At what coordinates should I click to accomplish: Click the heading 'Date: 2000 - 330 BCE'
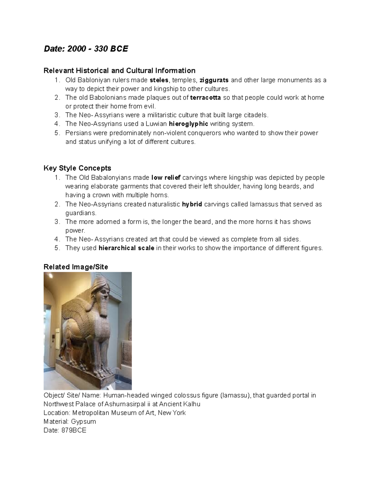86,49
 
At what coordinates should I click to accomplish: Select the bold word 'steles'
159,80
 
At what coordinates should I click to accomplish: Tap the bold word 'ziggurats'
214,80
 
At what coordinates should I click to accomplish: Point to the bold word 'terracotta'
206,98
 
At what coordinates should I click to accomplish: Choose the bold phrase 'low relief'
166,178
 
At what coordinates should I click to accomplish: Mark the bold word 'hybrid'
192,204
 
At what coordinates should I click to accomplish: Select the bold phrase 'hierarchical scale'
126,248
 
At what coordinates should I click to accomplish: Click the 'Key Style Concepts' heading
77,168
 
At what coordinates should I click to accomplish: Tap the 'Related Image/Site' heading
76,267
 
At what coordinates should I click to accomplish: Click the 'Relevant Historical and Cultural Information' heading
119,71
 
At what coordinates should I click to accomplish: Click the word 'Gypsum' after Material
83,422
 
